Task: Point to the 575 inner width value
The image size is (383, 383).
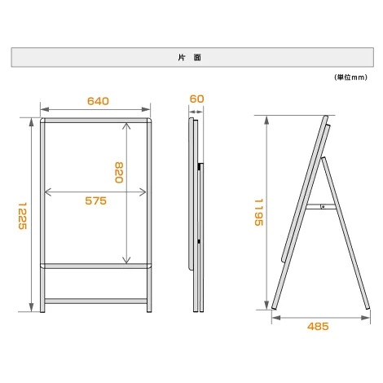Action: click(96, 201)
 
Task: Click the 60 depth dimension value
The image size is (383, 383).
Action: click(196, 99)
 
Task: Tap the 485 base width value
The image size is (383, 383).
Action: click(318, 327)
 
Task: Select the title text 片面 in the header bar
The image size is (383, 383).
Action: click(191, 58)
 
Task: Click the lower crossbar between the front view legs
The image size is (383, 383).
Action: click(96, 300)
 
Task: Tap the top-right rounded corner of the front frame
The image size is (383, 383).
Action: click(150, 121)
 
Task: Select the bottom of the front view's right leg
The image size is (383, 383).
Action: click(150, 309)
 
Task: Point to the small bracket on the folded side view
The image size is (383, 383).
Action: click(200, 168)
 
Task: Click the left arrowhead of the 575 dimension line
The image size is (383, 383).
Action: click(48, 193)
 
